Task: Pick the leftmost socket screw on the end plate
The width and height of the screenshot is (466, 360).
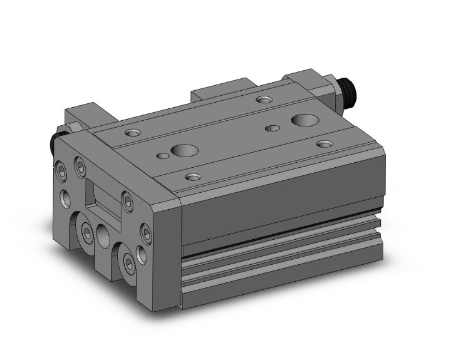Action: [61, 169]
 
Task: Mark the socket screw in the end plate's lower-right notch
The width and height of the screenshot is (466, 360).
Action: [129, 261]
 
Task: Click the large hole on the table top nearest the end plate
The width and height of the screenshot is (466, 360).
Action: [185, 151]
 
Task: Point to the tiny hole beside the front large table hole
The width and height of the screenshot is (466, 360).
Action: [162, 155]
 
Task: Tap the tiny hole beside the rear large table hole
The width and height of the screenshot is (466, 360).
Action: [272, 128]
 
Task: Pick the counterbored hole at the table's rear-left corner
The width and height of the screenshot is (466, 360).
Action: [133, 132]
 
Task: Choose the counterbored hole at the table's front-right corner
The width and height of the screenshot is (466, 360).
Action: [324, 144]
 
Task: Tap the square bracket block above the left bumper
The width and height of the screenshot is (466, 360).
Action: [81, 116]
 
